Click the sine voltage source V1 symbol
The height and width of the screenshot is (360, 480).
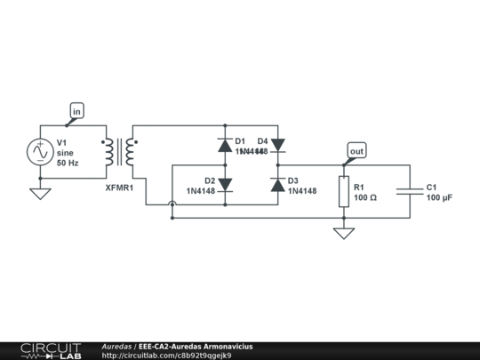[40, 152]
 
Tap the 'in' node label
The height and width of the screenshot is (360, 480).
[77, 111]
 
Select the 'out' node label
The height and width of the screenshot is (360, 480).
[356, 152]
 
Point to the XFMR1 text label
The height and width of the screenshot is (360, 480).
[119, 188]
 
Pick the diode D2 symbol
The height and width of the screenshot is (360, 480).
[225, 185]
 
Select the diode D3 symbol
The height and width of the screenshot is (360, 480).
[277, 185]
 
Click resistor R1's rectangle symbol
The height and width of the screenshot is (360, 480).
[344, 192]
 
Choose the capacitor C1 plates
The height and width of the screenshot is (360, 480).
[411, 192]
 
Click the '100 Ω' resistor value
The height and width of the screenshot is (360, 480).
[365, 198]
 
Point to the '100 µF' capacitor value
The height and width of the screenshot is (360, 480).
[439, 198]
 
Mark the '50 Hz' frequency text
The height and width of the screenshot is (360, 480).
[68, 164]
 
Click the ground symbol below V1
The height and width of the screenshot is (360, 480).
[40, 192]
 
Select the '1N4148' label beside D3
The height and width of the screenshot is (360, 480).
[302, 191]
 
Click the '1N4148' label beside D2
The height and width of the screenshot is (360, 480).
[200, 191]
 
